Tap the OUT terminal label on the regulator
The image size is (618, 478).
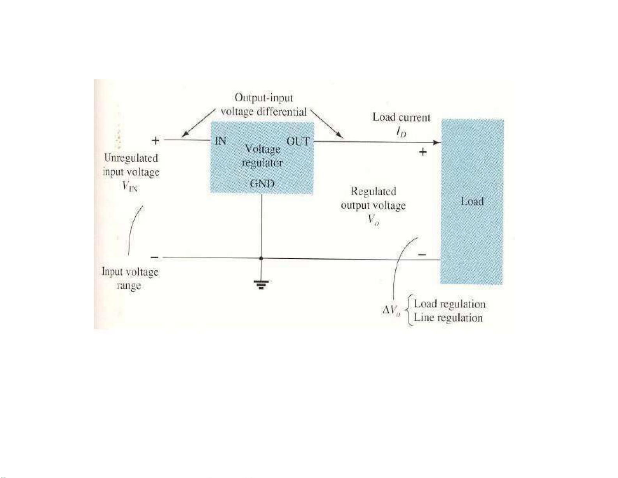pyautogui.click(x=298, y=141)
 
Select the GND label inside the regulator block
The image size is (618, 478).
pyautogui.click(x=262, y=183)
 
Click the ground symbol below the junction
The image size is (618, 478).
pyautogui.click(x=261, y=284)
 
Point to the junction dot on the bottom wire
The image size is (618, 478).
pyautogui.click(x=261, y=258)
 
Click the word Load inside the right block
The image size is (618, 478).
pyautogui.click(x=472, y=201)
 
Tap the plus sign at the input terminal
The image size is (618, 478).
pyautogui.click(x=155, y=140)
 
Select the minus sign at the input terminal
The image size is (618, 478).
pyautogui.click(x=155, y=258)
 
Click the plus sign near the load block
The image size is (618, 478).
pyautogui.click(x=423, y=152)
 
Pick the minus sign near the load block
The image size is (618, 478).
pyautogui.click(x=422, y=254)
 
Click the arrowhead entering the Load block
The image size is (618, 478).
pyautogui.click(x=437, y=142)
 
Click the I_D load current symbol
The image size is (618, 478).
pyautogui.click(x=401, y=133)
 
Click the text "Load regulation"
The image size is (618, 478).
pyautogui.click(x=450, y=304)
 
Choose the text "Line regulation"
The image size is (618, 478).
pyautogui.click(x=448, y=318)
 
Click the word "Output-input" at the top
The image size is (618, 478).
pyautogui.click(x=263, y=98)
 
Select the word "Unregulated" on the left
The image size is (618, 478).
pyautogui.click(x=131, y=158)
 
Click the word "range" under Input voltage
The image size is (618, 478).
pyautogui.click(x=129, y=286)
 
